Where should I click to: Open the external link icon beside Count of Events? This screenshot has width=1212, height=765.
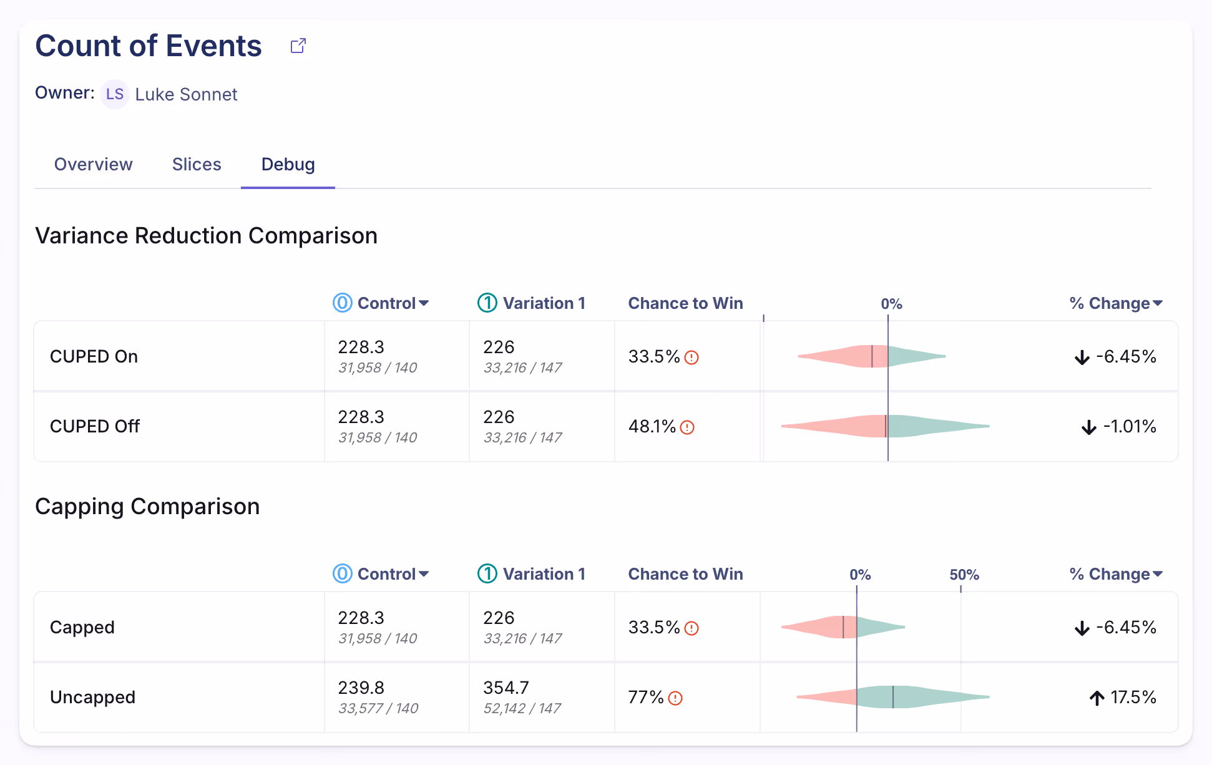(x=298, y=46)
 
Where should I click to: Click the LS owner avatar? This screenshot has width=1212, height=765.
(x=115, y=94)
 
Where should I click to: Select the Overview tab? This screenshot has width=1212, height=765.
(x=93, y=164)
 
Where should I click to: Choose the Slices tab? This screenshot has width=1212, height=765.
(x=197, y=164)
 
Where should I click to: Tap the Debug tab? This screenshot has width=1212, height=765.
(x=288, y=164)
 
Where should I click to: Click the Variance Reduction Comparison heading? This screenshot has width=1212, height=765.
(x=206, y=236)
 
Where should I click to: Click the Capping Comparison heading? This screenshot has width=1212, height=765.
(x=147, y=507)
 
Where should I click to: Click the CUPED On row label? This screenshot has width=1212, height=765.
(x=94, y=356)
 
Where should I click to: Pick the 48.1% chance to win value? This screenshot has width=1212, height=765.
(x=652, y=427)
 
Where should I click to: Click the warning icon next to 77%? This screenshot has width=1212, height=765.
(x=675, y=698)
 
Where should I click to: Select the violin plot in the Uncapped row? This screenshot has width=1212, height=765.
(x=892, y=697)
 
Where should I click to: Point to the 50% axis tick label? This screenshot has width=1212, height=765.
(x=964, y=575)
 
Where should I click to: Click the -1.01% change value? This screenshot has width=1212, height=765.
(x=1129, y=427)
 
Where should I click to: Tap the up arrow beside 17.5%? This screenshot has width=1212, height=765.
(x=1097, y=698)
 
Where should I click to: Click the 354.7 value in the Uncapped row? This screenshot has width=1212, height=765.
(x=506, y=688)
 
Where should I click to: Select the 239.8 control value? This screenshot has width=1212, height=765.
(x=361, y=688)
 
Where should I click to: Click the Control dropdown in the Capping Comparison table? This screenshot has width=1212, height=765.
(x=392, y=574)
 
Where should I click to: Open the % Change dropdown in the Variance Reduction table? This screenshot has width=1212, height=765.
(x=1115, y=303)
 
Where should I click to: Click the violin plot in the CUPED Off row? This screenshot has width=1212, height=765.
(x=885, y=426)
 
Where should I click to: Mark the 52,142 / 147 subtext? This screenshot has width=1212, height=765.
(x=522, y=709)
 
